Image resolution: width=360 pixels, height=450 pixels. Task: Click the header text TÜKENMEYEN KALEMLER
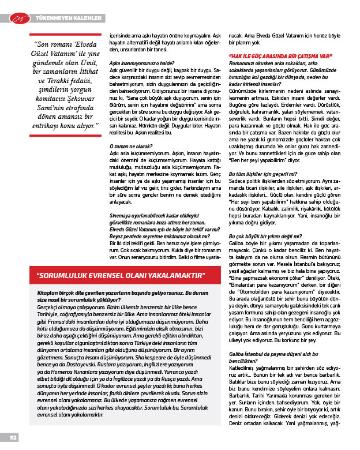point(70,18)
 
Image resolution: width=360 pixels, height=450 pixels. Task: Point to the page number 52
point(12,437)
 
